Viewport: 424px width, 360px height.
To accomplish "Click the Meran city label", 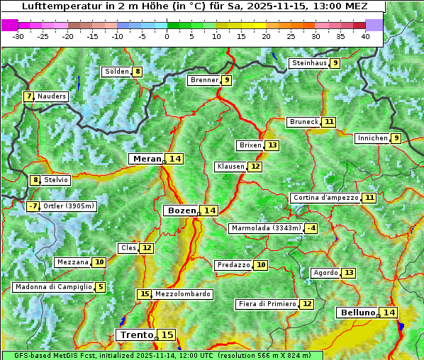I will pyautogui.click(x=147, y=159).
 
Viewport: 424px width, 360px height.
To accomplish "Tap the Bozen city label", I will pyautogui.click(x=180, y=210).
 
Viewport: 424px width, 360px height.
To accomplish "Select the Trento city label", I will pyautogui.click(x=136, y=334).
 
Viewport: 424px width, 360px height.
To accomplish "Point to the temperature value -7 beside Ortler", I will pyautogui.click(x=33, y=206).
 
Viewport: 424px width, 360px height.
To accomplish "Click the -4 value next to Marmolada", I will pyautogui.click(x=311, y=228).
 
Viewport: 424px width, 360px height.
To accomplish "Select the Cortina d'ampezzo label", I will pyautogui.click(x=325, y=198).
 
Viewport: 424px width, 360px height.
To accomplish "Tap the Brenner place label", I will pyautogui.click(x=204, y=80).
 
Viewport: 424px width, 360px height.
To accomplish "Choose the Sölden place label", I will pyautogui.click(x=116, y=72).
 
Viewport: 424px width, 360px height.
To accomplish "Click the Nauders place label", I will pyautogui.click(x=51, y=96).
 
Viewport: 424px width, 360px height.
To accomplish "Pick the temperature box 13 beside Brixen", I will pyautogui.click(x=272, y=145).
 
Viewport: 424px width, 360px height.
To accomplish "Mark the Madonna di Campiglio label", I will pyautogui.click(x=53, y=287).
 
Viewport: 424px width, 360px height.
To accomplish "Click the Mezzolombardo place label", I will pyautogui.click(x=182, y=294).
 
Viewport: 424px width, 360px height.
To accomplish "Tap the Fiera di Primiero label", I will pyautogui.click(x=267, y=304).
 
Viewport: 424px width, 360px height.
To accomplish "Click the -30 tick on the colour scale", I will pyautogui.click(x=18, y=35).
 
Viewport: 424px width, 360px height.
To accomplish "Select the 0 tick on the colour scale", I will pyautogui.click(x=167, y=35).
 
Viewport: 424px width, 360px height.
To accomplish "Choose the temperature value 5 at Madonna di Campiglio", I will pyautogui.click(x=101, y=287).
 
